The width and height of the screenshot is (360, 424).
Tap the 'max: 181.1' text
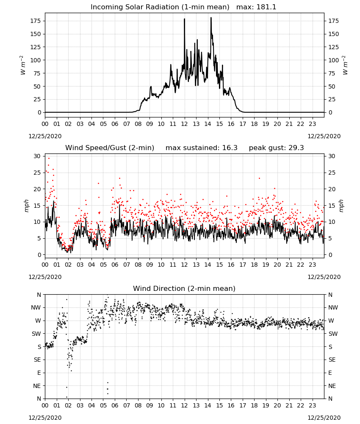click(256, 7)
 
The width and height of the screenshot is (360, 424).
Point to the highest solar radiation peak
click(211, 18)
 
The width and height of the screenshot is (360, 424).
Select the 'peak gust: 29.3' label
click(276, 148)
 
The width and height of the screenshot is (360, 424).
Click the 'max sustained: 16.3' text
click(202, 148)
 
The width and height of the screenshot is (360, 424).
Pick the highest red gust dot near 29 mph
click(49, 159)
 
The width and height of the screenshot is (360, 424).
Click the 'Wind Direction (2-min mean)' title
click(184, 288)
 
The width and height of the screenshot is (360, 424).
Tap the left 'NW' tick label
click(36, 307)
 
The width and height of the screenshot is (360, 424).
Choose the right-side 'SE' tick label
click(332, 360)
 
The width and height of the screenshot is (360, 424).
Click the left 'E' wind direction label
click(39, 373)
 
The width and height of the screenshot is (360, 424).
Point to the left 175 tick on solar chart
click(36, 21)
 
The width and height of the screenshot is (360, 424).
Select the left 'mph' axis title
click(26, 206)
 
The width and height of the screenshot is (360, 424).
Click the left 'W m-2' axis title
click(23, 65)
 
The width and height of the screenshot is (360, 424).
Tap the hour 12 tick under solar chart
click(185, 124)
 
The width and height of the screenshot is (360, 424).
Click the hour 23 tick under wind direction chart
click(313, 405)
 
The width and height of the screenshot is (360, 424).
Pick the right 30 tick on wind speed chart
click(332, 156)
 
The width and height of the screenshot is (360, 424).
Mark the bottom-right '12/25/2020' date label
click(324, 418)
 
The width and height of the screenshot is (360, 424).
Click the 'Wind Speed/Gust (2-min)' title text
click(110, 148)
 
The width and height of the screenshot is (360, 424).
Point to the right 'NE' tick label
click(332, 386)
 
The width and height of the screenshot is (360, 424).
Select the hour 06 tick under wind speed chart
click(115, 265)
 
